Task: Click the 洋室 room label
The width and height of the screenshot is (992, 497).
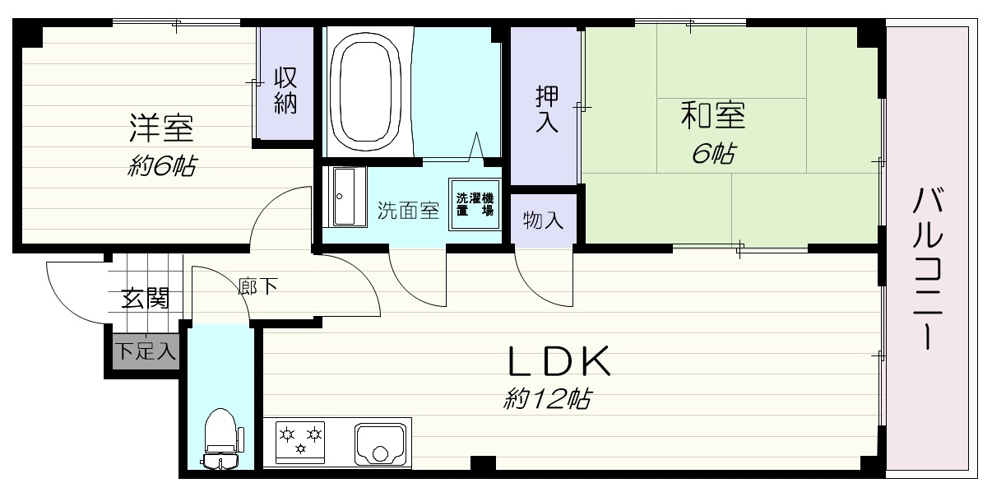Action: [162, 128]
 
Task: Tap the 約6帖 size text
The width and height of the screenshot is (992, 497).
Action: [162, 166]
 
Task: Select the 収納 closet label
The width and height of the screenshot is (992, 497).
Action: [285, 91]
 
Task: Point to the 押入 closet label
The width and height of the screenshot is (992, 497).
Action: [546, 109]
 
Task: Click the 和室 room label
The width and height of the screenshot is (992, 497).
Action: [713, 115]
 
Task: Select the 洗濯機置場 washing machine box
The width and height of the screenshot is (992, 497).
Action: [475, 204]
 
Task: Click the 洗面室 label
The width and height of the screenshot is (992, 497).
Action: [408, 211]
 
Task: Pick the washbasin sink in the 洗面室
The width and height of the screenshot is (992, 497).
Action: [345, 197]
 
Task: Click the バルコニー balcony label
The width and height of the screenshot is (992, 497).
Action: [927, 269]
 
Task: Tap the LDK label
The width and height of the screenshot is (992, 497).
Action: [559, 361]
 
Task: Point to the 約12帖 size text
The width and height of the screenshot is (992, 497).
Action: [547, 398]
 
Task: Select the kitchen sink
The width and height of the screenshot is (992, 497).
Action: [380, 444]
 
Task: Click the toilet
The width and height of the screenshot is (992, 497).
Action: [221, 438]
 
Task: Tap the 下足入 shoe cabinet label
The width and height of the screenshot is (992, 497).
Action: [146, 351]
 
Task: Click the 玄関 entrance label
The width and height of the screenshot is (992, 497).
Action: [146, 298]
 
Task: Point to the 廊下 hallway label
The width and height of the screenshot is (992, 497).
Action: [257, 286]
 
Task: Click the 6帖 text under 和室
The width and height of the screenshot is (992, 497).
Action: [713, 154]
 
